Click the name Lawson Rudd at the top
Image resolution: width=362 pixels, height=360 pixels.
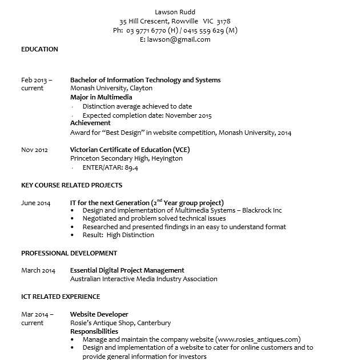click(x=175, y=12)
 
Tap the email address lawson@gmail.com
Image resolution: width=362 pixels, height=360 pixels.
click(x=179, y=39)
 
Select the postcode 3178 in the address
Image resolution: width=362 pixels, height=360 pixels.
click(x=223, y=21)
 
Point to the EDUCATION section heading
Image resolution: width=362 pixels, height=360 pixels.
click(x=39, y=49)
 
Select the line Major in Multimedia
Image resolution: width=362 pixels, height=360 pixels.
click(x=101, y=97)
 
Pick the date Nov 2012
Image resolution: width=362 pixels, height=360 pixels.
click(x=34, y=150)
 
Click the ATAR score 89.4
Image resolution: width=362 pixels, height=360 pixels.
click(x=131, y=168)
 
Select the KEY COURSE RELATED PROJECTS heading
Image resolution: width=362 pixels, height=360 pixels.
click(x=71, y=185)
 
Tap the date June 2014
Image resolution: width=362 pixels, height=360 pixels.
click(x=35, y=203)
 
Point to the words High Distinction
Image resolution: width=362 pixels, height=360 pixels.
click(x=130, y=235)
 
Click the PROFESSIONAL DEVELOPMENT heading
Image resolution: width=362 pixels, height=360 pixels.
click(x=69, y=253)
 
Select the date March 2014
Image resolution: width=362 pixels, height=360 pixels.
click(x=38, y=270)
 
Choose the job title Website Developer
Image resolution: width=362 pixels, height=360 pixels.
click(x=99, y=314)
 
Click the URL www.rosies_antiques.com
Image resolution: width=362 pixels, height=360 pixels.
click(x=258, y=339)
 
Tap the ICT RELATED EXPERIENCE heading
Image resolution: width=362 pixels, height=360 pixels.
click(x=61, y=297)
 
